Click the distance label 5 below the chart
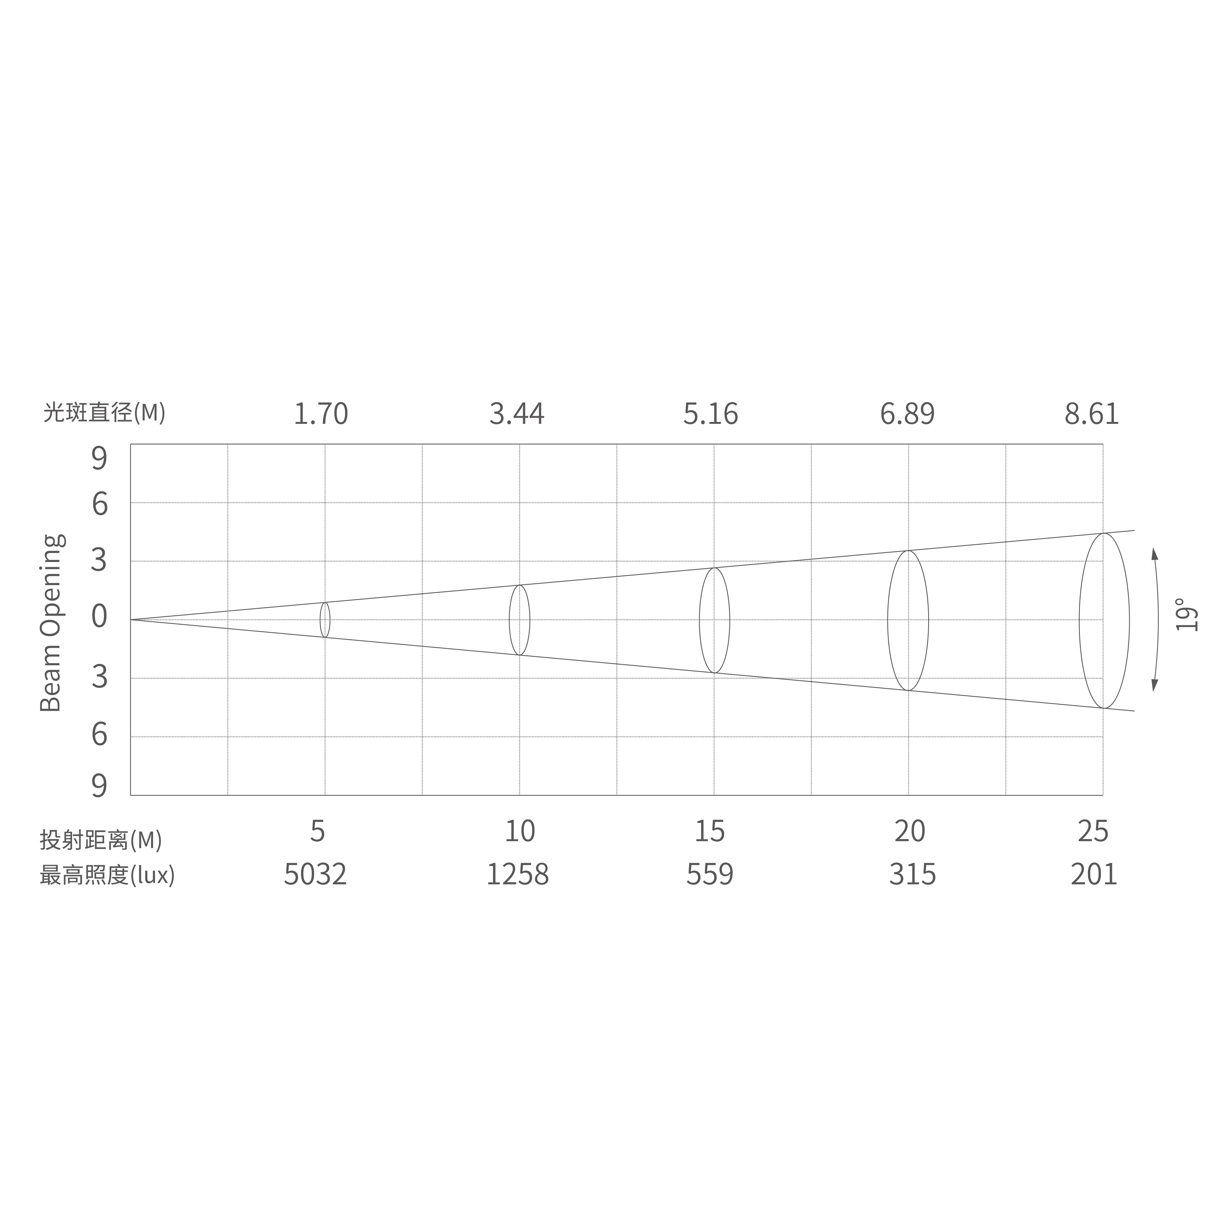318,831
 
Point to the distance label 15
709,831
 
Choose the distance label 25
1093,831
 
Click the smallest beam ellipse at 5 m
325,620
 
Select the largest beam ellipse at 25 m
1104,620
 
